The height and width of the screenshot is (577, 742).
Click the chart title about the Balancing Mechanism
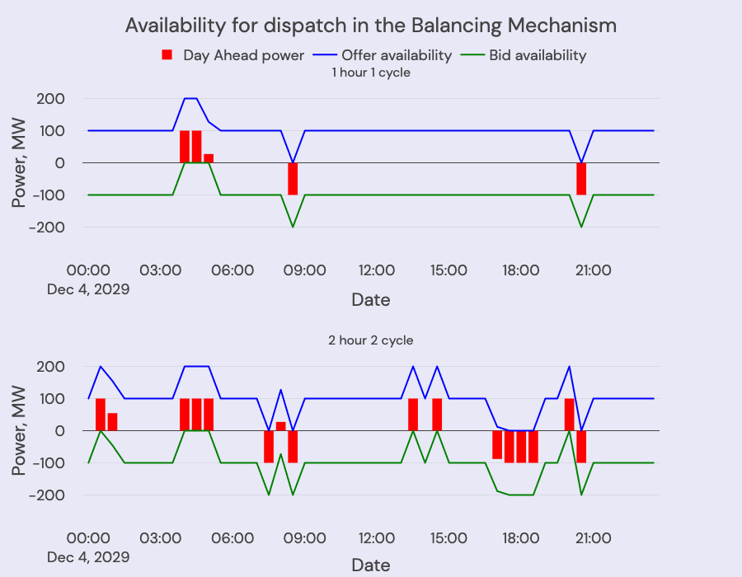point(371,26)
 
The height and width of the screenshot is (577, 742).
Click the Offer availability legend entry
point(387,55)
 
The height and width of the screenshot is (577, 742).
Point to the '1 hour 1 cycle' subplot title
point(371,73)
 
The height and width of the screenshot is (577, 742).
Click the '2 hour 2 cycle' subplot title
point(371,340)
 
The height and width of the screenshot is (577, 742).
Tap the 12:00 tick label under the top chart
point(377,270)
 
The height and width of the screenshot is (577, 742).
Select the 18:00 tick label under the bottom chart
point(521,538)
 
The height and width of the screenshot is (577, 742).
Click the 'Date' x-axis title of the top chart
point(371,299)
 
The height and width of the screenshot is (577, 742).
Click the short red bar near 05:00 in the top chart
point(209,158)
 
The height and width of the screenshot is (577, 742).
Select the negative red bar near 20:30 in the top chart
point(581,178)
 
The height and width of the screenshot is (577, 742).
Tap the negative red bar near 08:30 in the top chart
point(293,178)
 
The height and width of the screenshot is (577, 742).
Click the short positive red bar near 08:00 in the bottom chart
point(281,426)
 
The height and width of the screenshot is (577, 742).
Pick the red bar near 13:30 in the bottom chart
point(413,414)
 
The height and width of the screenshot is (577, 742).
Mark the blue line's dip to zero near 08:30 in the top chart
point(293,162)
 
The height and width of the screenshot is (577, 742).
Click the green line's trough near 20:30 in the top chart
point(581,226)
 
